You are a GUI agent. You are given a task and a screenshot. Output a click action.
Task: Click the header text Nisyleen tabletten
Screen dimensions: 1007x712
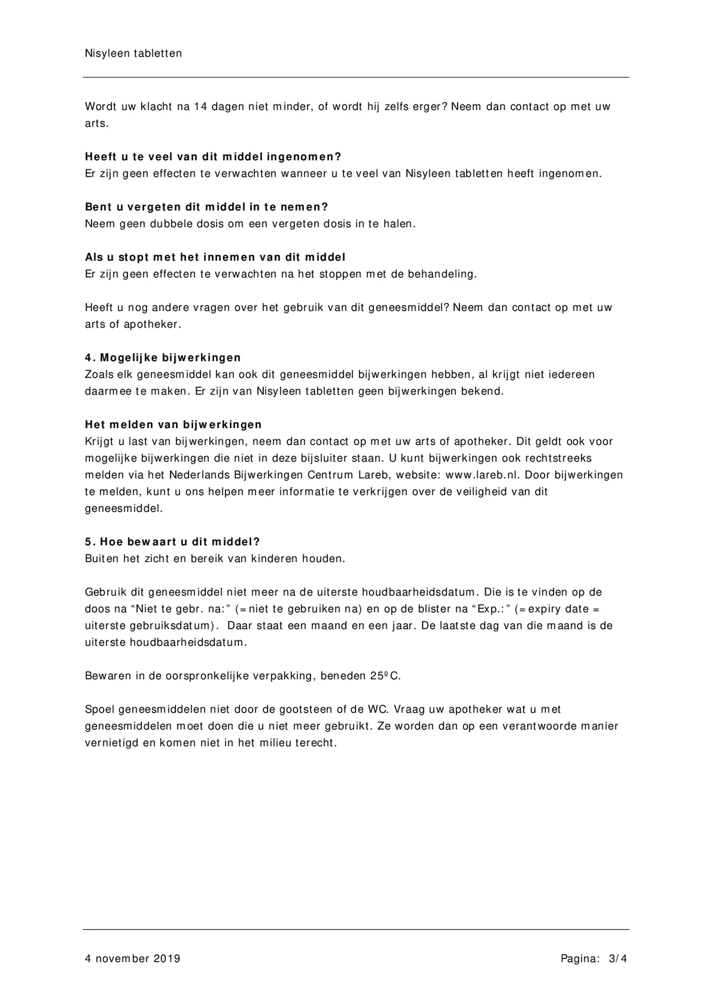tap(133, 53)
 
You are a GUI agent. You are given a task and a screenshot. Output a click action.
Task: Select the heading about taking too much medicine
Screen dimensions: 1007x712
tap(213, 157)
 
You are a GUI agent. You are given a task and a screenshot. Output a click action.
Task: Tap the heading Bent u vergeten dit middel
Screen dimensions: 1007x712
tap(206, 207)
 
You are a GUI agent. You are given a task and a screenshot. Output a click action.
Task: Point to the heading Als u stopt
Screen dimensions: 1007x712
tap(215, 257)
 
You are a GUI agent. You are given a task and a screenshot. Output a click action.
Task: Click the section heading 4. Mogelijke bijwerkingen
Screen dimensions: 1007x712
tap(163, 358)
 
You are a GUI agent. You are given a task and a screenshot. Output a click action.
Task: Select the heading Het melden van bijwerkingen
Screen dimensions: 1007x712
tap(173, 424)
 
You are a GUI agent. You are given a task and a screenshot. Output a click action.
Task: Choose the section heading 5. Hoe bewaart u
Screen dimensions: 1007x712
tap(172, 542)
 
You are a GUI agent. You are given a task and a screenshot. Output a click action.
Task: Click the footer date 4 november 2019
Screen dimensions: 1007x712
tap(132, 958)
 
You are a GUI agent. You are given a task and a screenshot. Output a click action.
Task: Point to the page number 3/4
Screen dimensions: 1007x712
tap(618, 958)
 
